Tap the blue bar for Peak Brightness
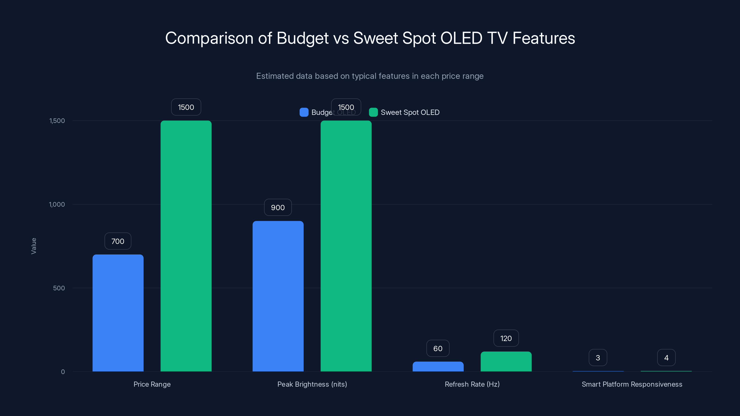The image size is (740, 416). tap(278, 296)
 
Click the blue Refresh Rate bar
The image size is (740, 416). tap(438, 367)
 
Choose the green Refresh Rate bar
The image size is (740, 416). tap(506, 361)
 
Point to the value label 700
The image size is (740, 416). tap(118, 241)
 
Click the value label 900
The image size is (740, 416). tap(278, 207)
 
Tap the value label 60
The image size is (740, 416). tap(438, 348)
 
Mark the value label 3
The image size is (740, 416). tap(598, 358)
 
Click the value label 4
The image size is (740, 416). tap(666, 358)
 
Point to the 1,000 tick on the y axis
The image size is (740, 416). tap(57, 204)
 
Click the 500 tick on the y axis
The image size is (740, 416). tap(59, 288)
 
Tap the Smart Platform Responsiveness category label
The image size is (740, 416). tap(632, 384)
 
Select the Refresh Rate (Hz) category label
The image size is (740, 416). tap(472, 384)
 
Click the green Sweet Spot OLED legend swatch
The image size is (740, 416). tap(373, 112)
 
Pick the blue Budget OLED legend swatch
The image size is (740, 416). tap(304, 112)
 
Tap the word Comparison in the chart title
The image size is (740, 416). tap(209, 38)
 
